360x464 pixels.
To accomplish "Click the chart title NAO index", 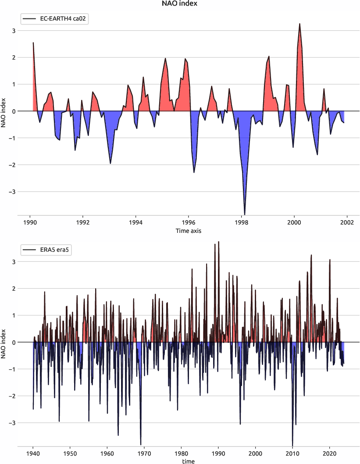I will [x=180, y=4].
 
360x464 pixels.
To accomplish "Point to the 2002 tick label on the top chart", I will [x=347, y=222].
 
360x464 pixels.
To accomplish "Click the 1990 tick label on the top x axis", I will [x=30, y=222].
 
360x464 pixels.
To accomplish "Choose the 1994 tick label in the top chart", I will [x=135, y=222].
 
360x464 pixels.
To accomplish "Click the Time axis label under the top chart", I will [x=189, y=230].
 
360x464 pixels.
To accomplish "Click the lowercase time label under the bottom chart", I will [x=189, y=461].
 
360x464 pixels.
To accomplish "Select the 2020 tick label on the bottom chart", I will [x=329, y=453].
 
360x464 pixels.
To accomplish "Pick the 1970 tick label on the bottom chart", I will [x=144, y=453].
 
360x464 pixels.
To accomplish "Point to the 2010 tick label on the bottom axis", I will [x=292, y=453].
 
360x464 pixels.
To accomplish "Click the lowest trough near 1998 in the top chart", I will [x=244, y=214].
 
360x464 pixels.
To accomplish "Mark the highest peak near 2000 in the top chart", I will [x=299, y=24].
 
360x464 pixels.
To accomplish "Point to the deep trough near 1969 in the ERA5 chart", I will [x=141, y=444].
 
